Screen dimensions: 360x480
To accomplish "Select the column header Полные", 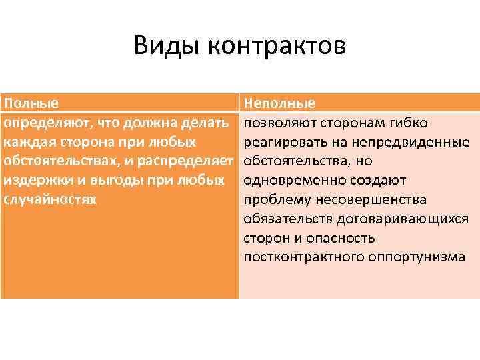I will point(30,104).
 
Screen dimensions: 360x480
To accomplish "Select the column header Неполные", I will point(279,104).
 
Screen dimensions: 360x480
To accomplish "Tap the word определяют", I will point(45,123).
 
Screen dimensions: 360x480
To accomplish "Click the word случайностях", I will point(49,200).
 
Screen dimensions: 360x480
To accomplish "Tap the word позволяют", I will point(279,123).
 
